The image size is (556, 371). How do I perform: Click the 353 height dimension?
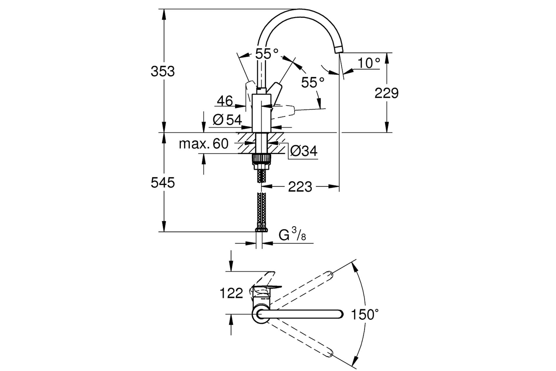tap(163, 71)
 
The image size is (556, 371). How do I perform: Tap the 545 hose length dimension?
tap(163, 183)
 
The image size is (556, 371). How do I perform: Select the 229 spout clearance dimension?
tap(387, 93)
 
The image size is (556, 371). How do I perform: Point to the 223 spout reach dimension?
tap(300, 187)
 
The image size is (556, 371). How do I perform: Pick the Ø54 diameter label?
tap(227, 119)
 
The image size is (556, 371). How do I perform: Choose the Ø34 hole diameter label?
tap(304, 151)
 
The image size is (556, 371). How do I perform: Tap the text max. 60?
tap(204, 143)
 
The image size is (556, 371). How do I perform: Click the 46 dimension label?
tap(225, 101)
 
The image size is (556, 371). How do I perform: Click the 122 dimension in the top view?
tap(231, 293)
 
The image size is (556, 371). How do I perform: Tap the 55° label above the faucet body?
tap(267, 54)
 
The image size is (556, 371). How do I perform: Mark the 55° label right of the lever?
tap(313, 83)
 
